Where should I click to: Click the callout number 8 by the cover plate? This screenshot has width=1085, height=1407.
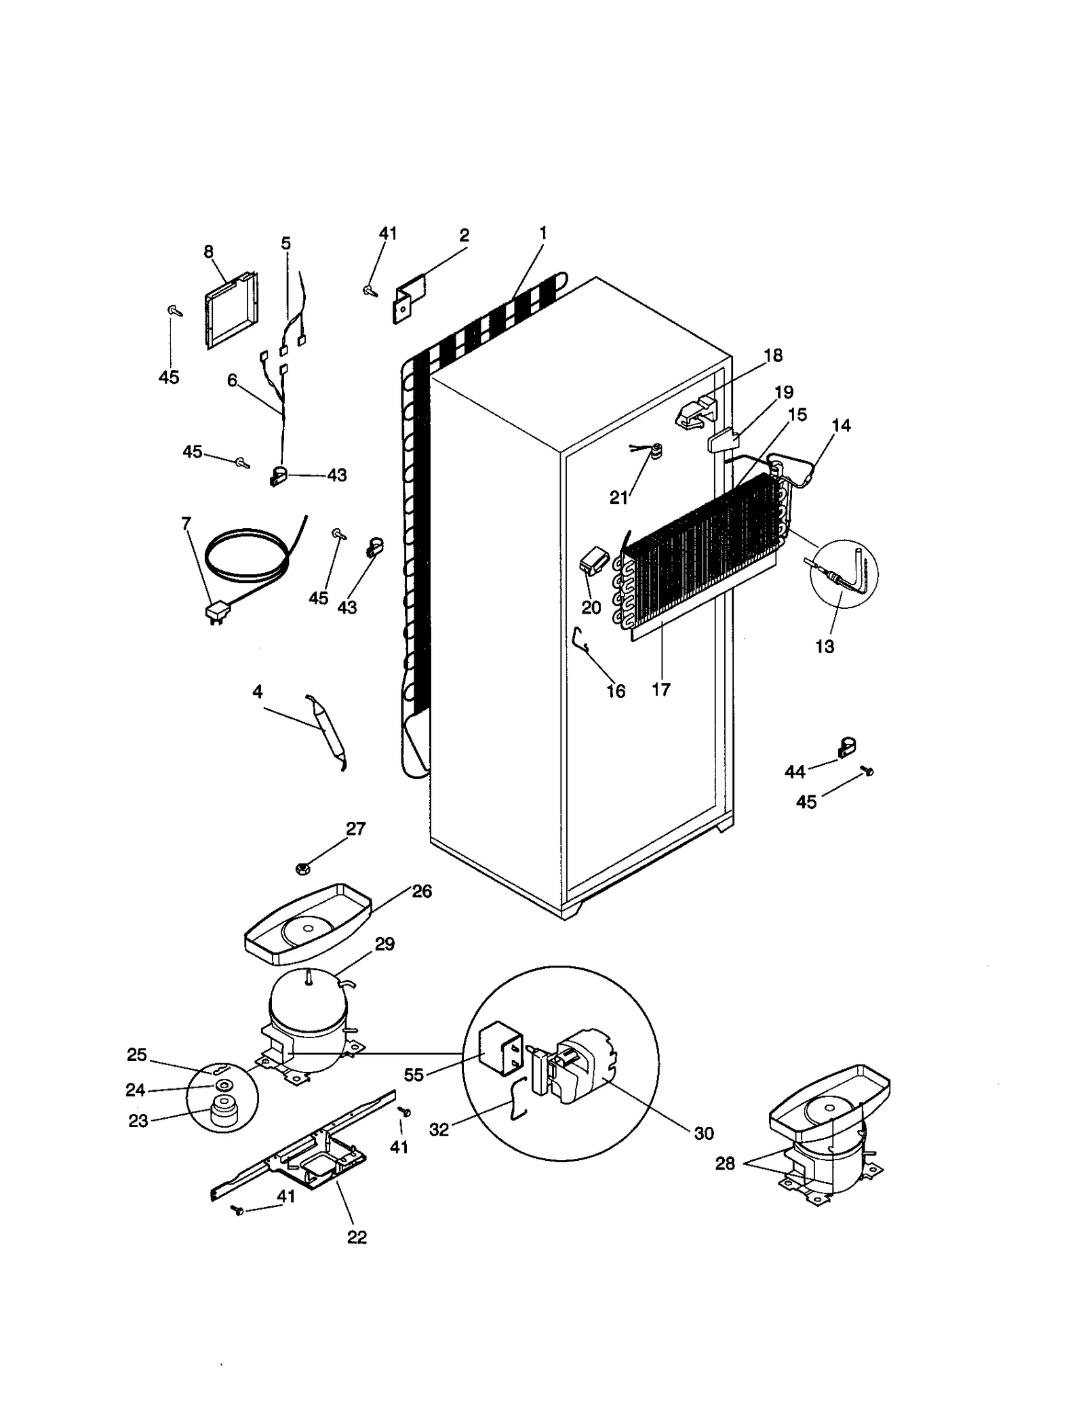208,252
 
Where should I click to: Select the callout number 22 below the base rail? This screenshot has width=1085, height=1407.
357,1237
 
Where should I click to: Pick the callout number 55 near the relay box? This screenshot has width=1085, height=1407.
414,1075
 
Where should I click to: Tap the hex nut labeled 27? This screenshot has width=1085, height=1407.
304,867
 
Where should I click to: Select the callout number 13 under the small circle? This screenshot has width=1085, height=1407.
825,646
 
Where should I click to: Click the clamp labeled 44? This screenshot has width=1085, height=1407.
846,747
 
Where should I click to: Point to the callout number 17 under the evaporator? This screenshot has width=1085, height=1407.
660,690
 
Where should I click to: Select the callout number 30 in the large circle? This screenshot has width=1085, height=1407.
704,1133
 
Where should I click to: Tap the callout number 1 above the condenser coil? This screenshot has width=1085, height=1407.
542,233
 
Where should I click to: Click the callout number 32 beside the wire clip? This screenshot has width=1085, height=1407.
439,1130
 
